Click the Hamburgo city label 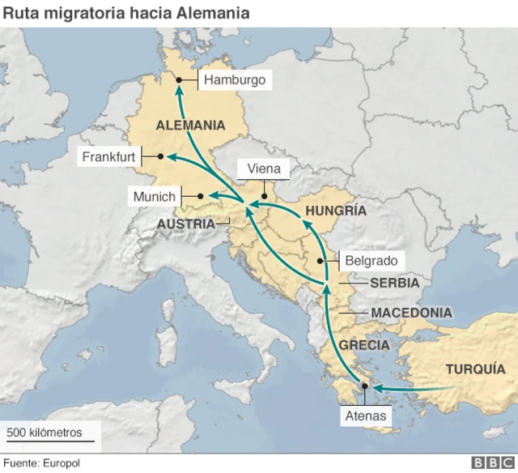pyautogui.click(x=235, y=80)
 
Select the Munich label pyautogui.click(x=155, y=196)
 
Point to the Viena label pyautogui.click(x=263, y=168)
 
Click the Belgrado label pyautogui.click(x=371, y=261)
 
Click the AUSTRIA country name pyautogui.click(x=186, y=224)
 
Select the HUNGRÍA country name pyautogui.click(x=335, y=211)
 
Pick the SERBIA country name pyautogui.click(x=394, y=283)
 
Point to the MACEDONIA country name pyautogui.click(x=411, y=313)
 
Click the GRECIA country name pyautogui.click(x=364, y=344)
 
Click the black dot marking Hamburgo pyautogui.click(x=179, y=79)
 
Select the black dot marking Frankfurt pyautogui.click(x=161, y=156)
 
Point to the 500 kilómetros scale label pyautogui.click(x=45, y=433)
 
